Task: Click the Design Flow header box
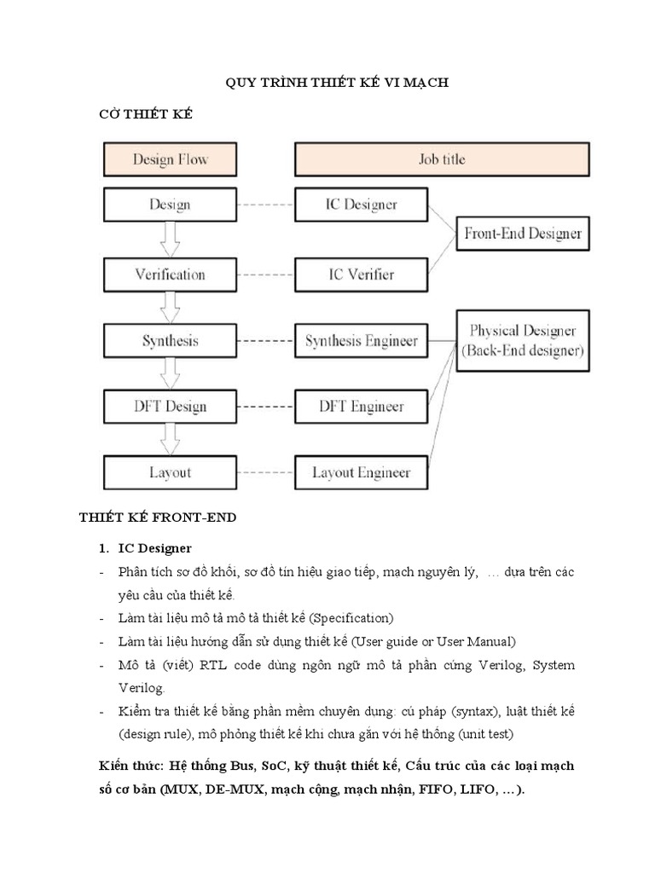click(170, 159)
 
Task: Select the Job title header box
click(441, 159)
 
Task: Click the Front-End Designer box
click(523, 233)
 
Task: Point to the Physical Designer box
click(523, 340)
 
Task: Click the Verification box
click(170, 275)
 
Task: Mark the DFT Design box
click(170, 406)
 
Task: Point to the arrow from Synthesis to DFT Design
click(170, 373)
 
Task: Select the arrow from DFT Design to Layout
click(170, 439)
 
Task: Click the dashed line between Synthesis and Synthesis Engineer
click(265, 341)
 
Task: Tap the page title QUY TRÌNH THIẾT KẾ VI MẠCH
click(336, 83)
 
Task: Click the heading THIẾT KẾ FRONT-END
click(158, 517)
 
